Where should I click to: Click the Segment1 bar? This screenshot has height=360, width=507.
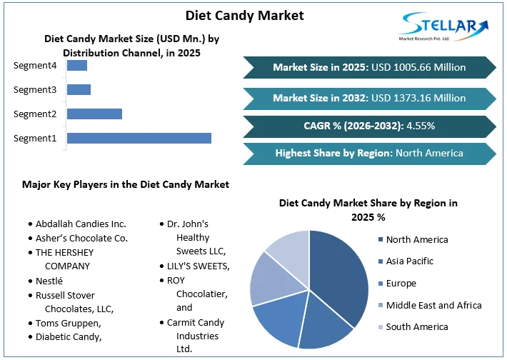[x=139, y=138]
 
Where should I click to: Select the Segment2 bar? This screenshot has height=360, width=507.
[x=94, y=114]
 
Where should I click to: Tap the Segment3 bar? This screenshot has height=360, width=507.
[x=79, y=89]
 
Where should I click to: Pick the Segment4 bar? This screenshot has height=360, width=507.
[x=77, y=66]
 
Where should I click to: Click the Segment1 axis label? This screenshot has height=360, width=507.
[x=35, y=138]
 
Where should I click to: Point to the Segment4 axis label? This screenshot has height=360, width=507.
[x=35, y=66]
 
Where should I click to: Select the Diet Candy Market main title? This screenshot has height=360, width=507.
[x=244, y=15]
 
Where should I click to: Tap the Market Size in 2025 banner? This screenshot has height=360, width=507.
[x=369, y=67]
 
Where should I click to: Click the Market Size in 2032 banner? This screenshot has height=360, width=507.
[x=369, y=98]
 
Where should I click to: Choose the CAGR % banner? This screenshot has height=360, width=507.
[x=369, y=126]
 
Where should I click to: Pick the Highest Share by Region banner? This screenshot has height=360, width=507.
[x=369, y=153]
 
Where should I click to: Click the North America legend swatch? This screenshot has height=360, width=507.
[x=381, y=240]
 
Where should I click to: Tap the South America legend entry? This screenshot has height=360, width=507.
[x=417, y=326]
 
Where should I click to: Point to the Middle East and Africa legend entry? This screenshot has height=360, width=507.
[x=433, y=305]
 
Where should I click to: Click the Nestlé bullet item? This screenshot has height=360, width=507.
[x=49, y=281]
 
